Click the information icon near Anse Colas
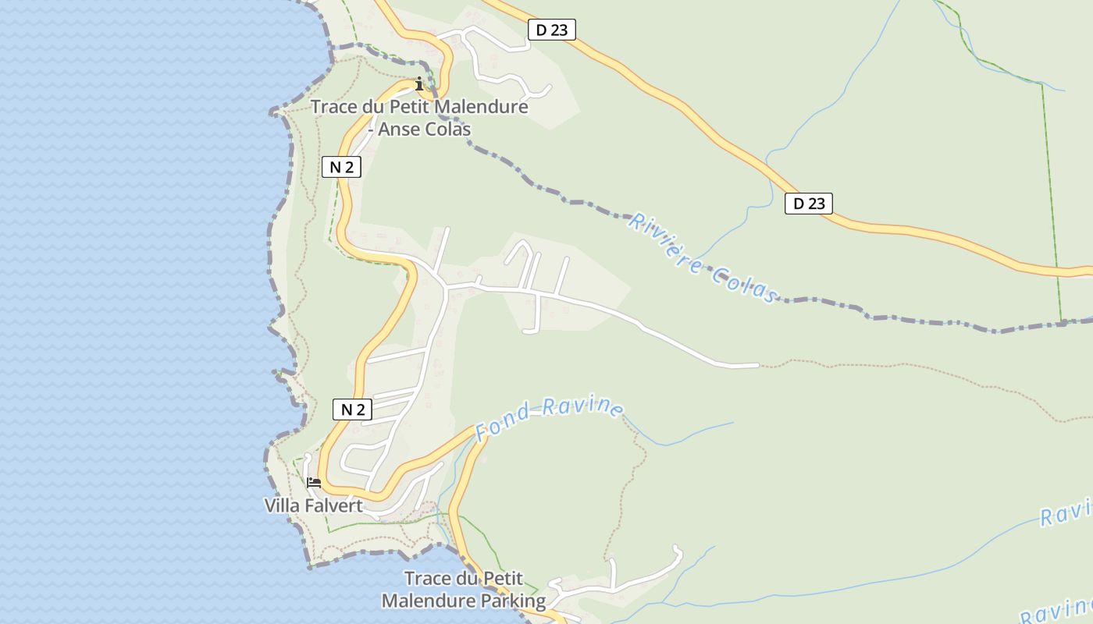pos(419,83)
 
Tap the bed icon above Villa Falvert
pos(313,483)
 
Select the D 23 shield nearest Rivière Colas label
pos(809,204)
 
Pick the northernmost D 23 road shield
pos(551,30)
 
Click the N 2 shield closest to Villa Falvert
pos(352,409)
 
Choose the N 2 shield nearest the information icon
pos(341,166)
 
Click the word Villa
pos(283,505)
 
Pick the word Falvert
pos(333,505)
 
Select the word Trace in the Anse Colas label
pos(334,107)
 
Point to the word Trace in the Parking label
pos(428,579)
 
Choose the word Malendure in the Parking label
pos(427,601)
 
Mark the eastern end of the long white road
pos(757,365)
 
